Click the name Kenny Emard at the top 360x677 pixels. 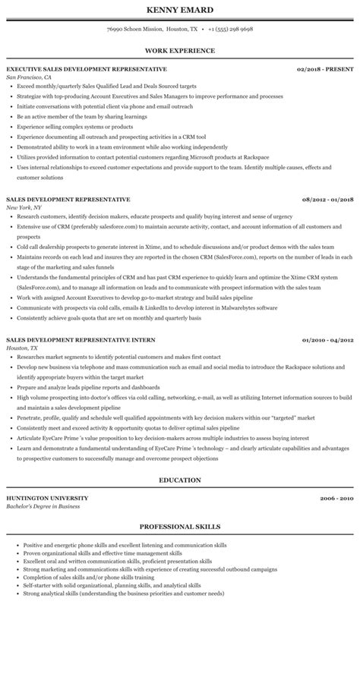click(180, 11)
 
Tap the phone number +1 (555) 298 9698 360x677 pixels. click(228, 30)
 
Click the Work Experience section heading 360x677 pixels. click(180, 51)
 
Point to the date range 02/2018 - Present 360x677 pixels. click(326, 68)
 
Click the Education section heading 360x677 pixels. click(180, 480)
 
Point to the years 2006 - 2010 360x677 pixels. click(336, 498)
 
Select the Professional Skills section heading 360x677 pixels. click(180, 525)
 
